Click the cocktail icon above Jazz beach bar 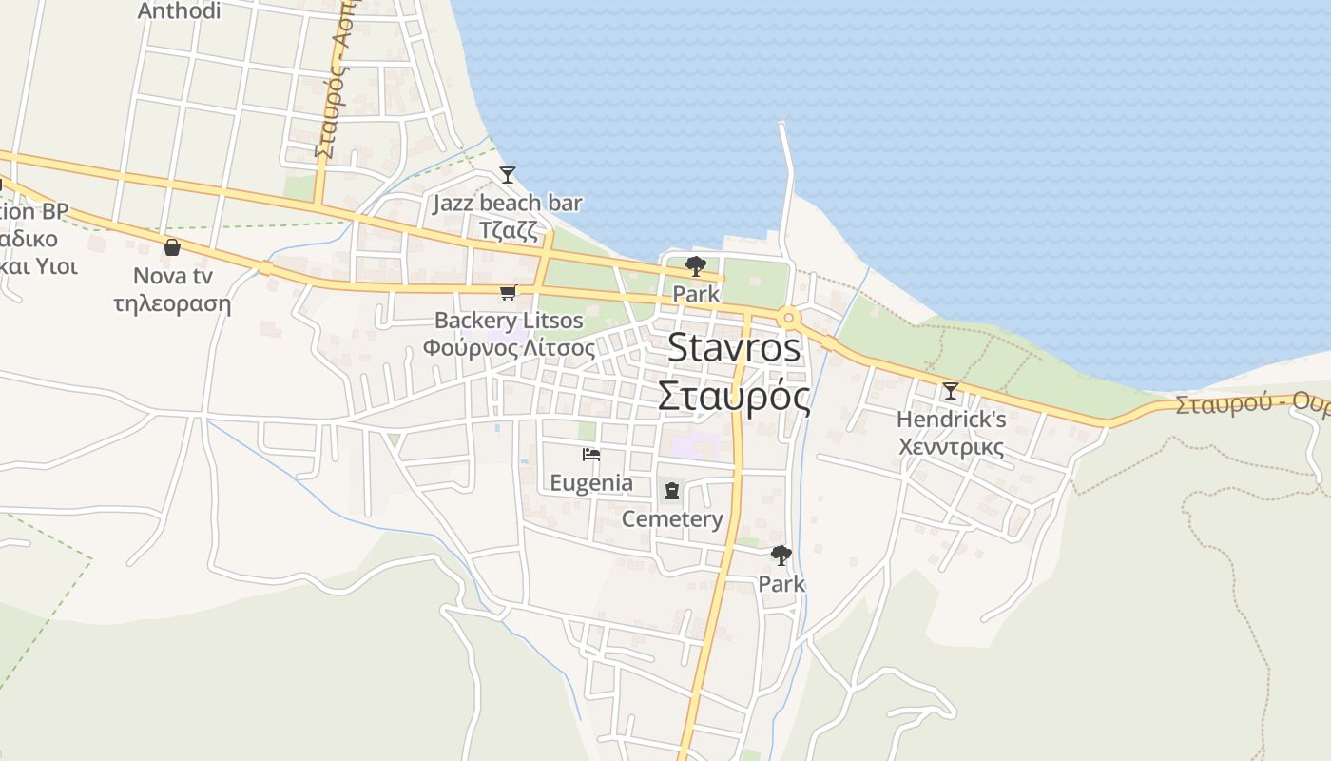508,175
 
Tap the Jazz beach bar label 508,203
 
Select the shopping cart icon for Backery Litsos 508,293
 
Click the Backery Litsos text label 509,321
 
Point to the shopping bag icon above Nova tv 172,247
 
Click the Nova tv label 172,276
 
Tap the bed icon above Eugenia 591,455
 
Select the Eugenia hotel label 591,482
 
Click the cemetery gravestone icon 672,491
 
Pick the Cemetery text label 672,518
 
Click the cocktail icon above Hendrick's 950,390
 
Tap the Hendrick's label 951,419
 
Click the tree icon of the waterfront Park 696,266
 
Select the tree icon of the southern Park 781,555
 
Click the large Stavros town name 734,348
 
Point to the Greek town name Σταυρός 734,396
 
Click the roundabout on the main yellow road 788,318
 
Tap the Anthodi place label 179,11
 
